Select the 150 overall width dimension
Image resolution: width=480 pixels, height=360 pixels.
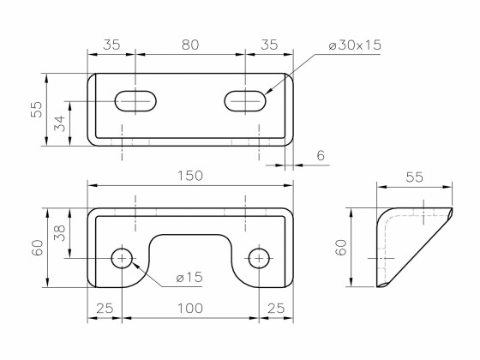coord(189,175)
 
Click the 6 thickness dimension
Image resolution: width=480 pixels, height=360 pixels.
coord(321,155)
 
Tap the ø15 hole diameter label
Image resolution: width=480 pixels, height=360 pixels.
coord(189,277)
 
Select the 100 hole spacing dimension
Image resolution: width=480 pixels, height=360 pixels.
coord(189,307)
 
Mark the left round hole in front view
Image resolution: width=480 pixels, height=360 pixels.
coord(123,258)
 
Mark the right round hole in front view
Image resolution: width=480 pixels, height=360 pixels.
coord(259,258)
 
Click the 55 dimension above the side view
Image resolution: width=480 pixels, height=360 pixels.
coord(414,177)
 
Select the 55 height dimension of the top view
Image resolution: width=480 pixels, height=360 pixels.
coord(37,110)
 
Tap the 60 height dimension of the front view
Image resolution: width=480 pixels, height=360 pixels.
coord(37,249)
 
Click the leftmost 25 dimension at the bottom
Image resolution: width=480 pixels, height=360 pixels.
coord(105,307)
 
